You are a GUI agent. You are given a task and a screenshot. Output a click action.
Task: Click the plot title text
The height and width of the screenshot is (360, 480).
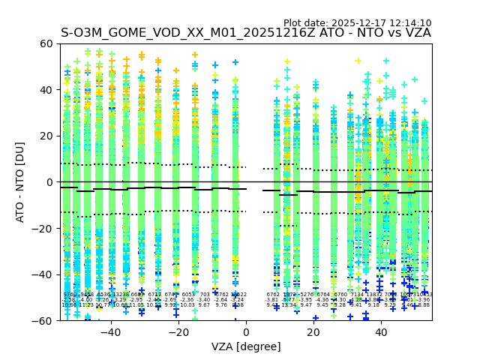tap(246, 33)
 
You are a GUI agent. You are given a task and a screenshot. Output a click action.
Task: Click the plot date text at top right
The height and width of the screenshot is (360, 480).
tap(357, 23)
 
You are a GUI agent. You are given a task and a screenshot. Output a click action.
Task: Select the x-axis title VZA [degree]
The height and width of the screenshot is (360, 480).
tap(246, 346)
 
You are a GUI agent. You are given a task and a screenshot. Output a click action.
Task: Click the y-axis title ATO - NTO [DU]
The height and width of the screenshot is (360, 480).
tap(20, 181)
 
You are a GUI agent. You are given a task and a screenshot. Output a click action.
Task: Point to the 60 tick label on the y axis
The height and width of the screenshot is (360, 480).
tap(46, 43)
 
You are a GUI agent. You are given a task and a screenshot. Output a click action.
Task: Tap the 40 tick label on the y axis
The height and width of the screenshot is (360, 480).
tap(46, 90)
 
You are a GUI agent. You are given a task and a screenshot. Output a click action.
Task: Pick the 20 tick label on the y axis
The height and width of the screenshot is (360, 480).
tap(46, 136)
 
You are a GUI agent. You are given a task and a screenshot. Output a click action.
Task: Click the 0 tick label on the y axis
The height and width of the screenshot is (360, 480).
tap(49, 182)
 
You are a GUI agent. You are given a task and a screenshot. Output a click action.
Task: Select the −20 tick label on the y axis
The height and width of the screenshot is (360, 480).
tap(43, 228)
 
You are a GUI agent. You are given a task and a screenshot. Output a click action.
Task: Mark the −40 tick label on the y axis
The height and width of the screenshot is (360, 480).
tap(43, 274)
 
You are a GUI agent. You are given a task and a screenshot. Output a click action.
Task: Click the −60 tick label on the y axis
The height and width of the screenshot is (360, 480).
tap(43, 320)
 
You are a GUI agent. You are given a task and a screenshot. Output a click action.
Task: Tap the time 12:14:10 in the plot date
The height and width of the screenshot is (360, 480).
tap(411, 23)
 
